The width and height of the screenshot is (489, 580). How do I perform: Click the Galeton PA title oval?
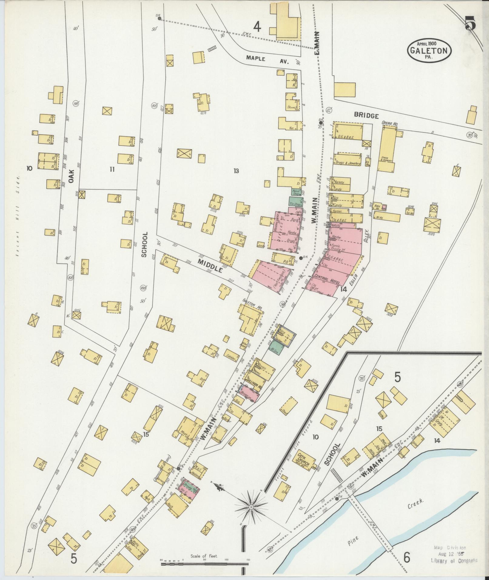pyautogui.click(x=430, y=50)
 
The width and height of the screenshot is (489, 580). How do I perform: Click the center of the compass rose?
pyautogui.click(x=251, y=507)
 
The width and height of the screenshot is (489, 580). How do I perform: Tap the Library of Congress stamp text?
pyautogui.click(x=454, y=561)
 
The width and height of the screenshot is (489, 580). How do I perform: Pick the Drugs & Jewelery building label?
pyautogui.click(x=348, y=163)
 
